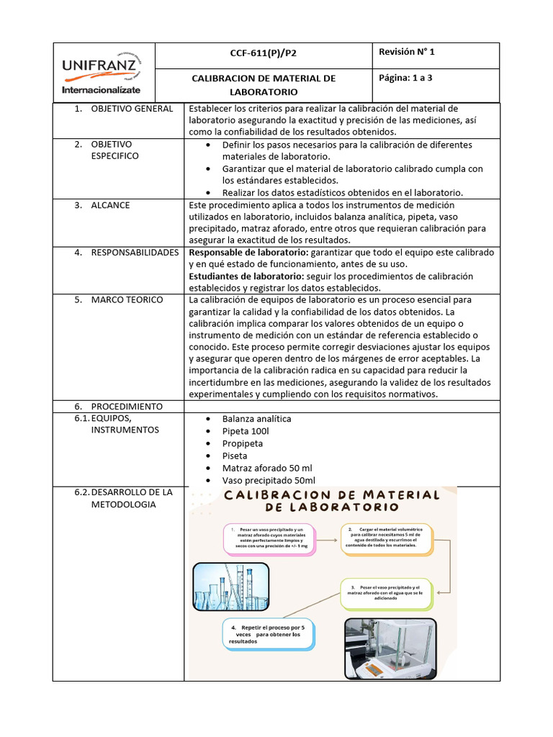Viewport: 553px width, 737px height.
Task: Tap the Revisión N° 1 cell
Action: [406, 53]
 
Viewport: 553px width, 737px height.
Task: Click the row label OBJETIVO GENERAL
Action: [132, 109]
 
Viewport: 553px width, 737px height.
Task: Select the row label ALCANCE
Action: [110, 205]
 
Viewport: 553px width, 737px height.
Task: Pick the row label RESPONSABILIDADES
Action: [135, 253]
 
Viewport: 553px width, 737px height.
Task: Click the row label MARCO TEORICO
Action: [127, 299]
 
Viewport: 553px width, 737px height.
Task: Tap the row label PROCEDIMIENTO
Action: [126, 406]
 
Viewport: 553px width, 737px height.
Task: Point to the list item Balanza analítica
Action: [256, 419]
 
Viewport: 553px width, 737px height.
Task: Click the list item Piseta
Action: [235, 456]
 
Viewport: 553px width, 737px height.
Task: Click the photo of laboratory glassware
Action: [231, 586]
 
